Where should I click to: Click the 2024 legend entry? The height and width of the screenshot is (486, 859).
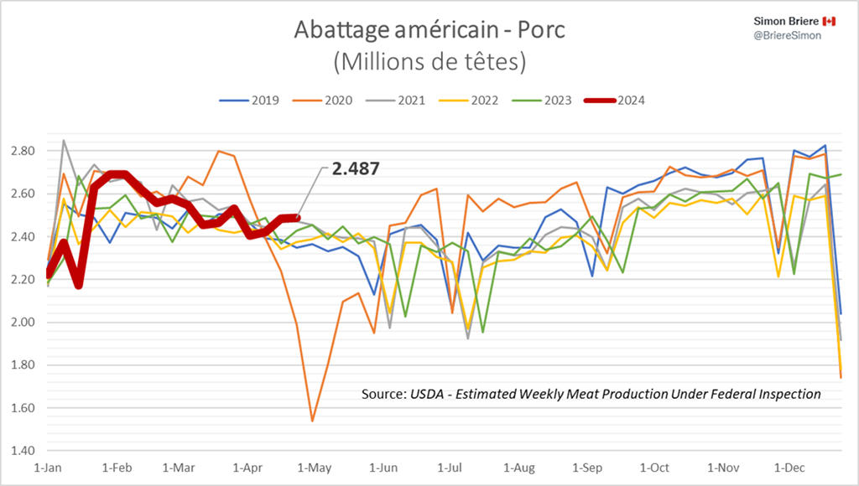pos(617,101)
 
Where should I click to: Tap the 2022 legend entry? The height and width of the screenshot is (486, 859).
pos(473,101)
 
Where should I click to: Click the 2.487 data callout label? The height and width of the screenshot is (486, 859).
pos(356,168)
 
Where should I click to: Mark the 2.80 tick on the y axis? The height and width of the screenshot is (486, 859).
pos(23,151)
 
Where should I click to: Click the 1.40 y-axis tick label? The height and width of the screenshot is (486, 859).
pos(23,451)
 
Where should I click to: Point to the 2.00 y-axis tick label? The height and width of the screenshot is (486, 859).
pos(23,323)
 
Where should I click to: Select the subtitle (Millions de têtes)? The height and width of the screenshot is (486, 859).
pos(429,61)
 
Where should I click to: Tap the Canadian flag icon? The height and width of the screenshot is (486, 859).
pos(829,20)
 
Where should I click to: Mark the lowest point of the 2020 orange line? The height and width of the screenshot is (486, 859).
pos(312,421)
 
